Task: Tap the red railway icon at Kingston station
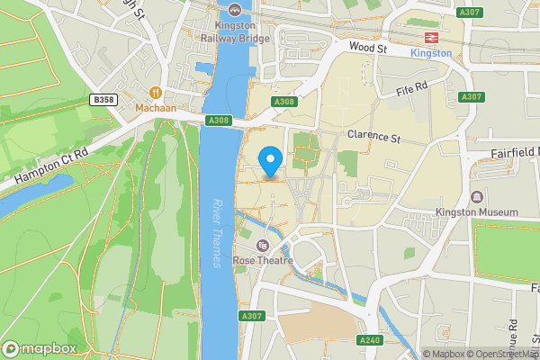[x=430, y=38]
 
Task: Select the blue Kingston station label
[x=430, y=53]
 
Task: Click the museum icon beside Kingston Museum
[x=476, y=196]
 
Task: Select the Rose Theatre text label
[x=263, y=261]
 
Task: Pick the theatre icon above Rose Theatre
[x=263, y=246]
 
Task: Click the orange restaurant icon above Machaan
[x=156, y=92]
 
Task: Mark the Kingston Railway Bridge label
[x=236, y=32]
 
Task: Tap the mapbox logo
[x=39, y=349]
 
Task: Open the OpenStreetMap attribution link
[x=500, y=354]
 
